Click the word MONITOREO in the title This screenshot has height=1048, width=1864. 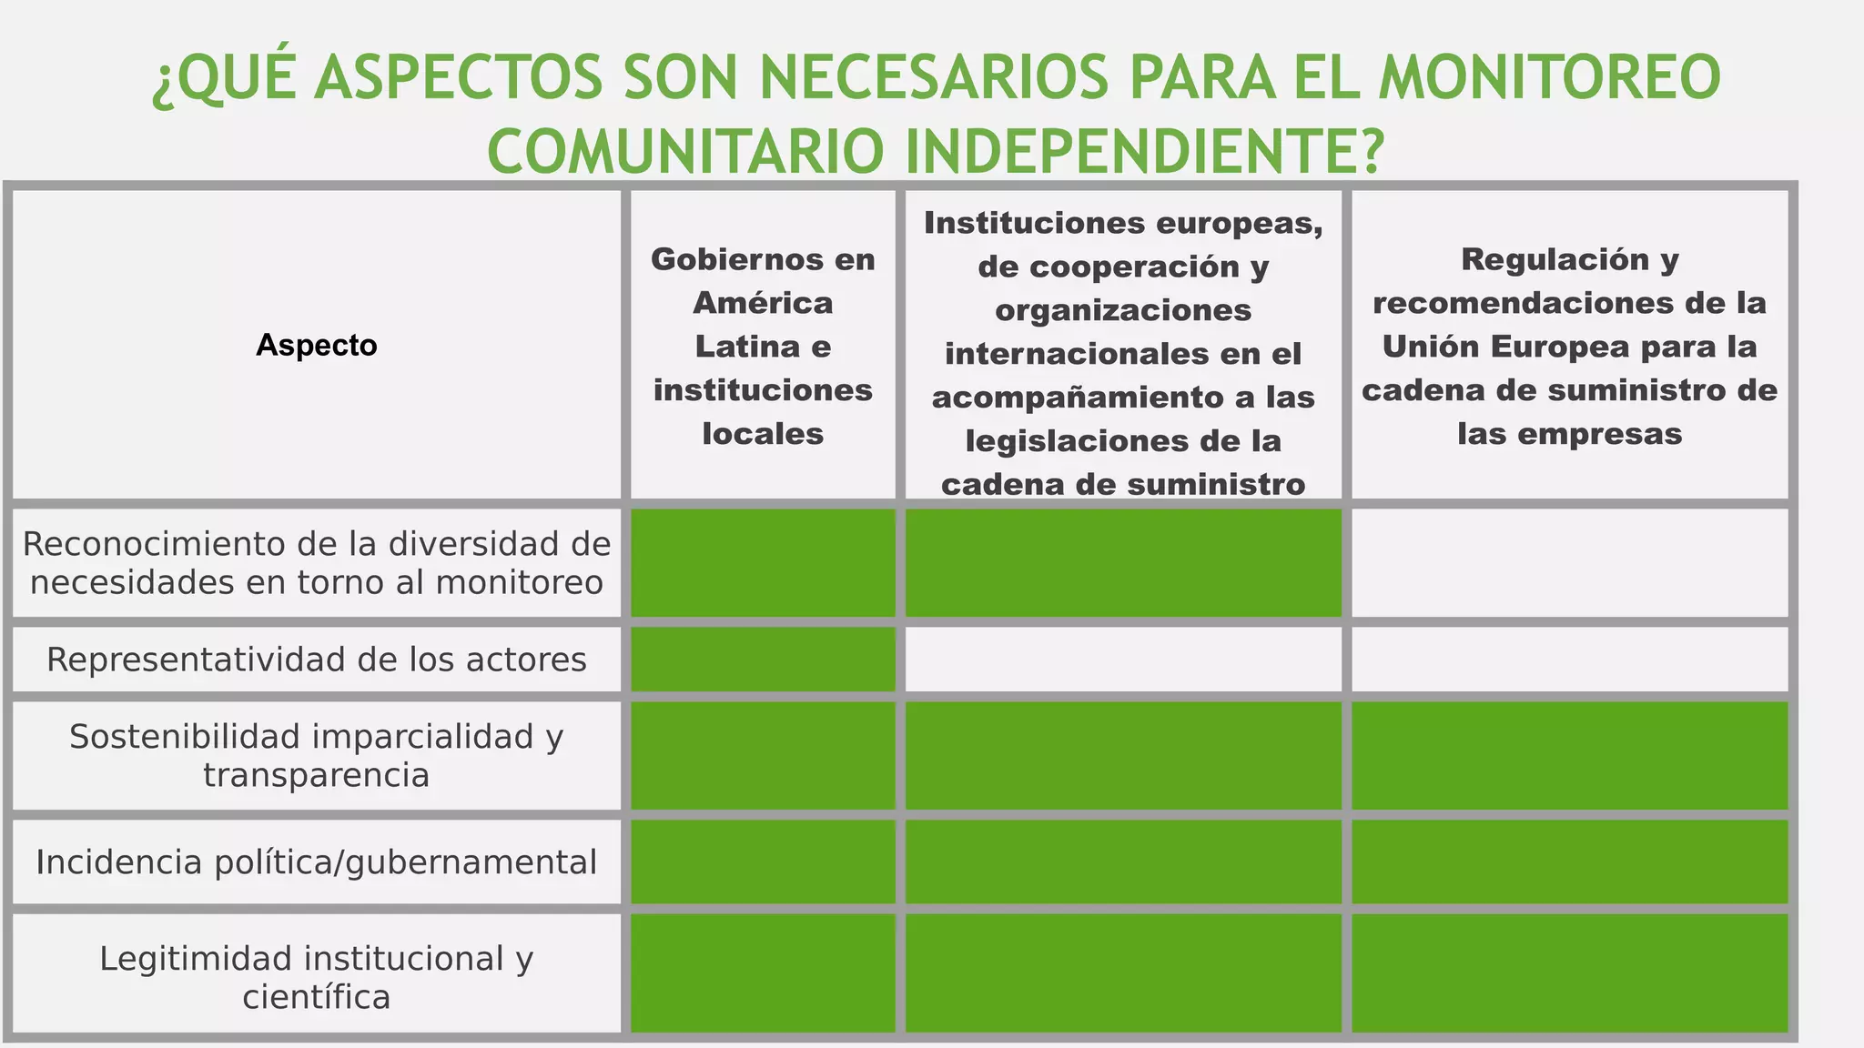point(1549,77)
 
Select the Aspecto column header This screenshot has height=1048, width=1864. point(316,346)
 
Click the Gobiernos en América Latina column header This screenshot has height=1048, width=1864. point(763,346)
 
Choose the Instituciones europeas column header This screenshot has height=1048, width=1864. point(1123,353)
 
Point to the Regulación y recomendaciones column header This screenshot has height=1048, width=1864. point(1569,346)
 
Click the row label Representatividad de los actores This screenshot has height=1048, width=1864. point(316,660)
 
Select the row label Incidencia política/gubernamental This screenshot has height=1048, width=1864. point(316,862)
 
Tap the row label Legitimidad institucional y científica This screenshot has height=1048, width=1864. point(316,977)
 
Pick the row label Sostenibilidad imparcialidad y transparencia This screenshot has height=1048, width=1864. point(316,755)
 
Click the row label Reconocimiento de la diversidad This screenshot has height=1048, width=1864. point(316,563)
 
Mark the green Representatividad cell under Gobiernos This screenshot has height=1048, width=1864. point(763,660)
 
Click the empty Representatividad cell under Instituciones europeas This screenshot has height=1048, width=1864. point(1123,660)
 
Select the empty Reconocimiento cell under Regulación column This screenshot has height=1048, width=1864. point(1569,563)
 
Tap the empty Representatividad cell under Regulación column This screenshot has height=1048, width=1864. point(1569,660)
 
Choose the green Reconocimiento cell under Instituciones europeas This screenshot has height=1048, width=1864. point(1123,563)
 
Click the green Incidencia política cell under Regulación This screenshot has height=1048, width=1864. point(1569,862)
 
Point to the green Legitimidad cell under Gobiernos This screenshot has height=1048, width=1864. point(763,973)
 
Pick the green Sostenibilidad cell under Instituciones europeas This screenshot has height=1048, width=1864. point(1123,755)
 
